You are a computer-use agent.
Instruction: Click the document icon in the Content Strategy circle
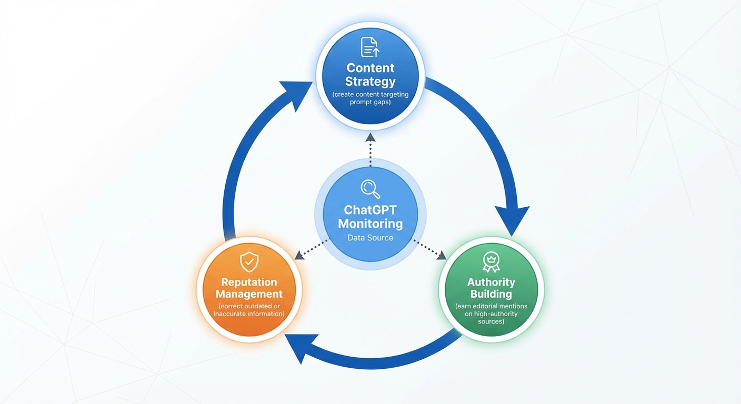pos(370,47)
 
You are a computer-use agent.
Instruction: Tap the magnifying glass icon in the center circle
pos(370,188)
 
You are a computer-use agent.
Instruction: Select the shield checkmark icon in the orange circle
pos(249,261)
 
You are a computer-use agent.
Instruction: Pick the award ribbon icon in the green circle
pos(490,261)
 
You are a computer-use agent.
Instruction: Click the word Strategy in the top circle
pos(370,82)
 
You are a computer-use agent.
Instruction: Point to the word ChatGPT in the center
pos(370,210)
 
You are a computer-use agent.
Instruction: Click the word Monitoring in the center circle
pos(370,224)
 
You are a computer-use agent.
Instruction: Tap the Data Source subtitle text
pos(370,238)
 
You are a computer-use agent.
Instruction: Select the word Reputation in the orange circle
pos(249,282)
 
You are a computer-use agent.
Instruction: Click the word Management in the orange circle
pos(249,295)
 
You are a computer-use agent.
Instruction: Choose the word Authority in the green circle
pos(490,282)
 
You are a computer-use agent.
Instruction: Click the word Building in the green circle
pos(490,295)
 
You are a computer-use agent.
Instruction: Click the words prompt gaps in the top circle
pos(370,102)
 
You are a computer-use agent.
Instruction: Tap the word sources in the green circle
pos(490,321)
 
